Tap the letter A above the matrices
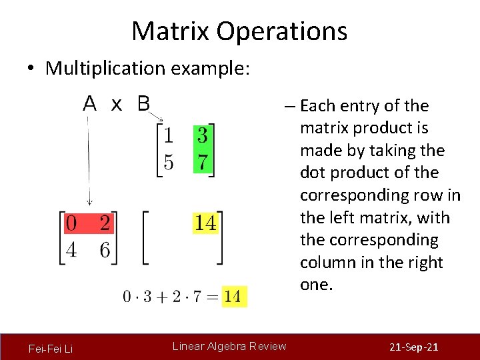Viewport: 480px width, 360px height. (90, 104)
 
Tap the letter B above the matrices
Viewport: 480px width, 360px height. (143, 104)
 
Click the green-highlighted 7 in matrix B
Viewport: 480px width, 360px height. (203, 162)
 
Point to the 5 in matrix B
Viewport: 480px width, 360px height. (169, 162)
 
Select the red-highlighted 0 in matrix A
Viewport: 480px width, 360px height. (71, 223)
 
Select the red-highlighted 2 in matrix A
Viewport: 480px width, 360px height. (104, 223)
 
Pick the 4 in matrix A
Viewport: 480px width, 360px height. (71, 249)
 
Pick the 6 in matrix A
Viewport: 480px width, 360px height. (104, 249)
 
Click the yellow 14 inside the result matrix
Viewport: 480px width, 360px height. (205, 223)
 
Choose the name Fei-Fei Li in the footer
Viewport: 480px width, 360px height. (51, 349)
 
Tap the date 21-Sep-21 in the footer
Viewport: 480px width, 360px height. (413, 348)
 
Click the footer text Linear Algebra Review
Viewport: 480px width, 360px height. (229, 346)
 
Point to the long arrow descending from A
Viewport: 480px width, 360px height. (89, 160)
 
